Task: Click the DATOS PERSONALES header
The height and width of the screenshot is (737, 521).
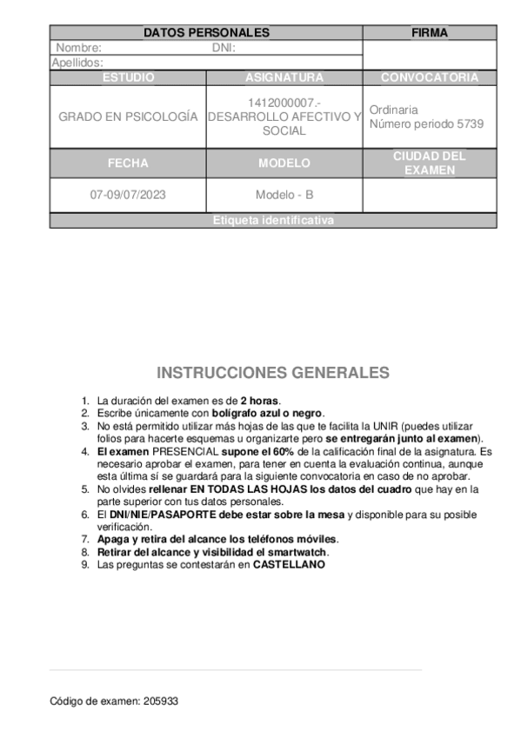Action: coord(206,33)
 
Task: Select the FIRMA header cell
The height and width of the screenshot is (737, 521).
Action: coord(429,33)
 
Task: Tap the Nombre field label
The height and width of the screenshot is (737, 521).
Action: coord(79,48)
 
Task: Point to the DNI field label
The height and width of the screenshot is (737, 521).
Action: coord(224,48)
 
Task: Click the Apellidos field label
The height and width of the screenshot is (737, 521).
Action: coord(78,63)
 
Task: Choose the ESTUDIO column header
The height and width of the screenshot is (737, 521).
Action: coord(128,77)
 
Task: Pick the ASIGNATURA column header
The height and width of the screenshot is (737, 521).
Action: coord(284,77)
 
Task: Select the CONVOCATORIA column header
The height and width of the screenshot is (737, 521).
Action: coord(429,77)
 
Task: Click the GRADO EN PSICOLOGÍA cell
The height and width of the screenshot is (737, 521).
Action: coord(128,116)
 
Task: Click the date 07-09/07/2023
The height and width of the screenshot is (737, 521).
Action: coord(128,195)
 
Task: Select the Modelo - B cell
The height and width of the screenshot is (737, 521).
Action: coord(284,195)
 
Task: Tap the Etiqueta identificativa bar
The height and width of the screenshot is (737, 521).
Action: coord(273,221)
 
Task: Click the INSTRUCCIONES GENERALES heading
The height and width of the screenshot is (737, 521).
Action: coord(273,373)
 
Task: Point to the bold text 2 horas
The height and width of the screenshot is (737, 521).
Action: coord(260,401)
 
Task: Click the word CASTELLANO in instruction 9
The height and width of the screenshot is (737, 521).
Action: coord(289,564)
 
